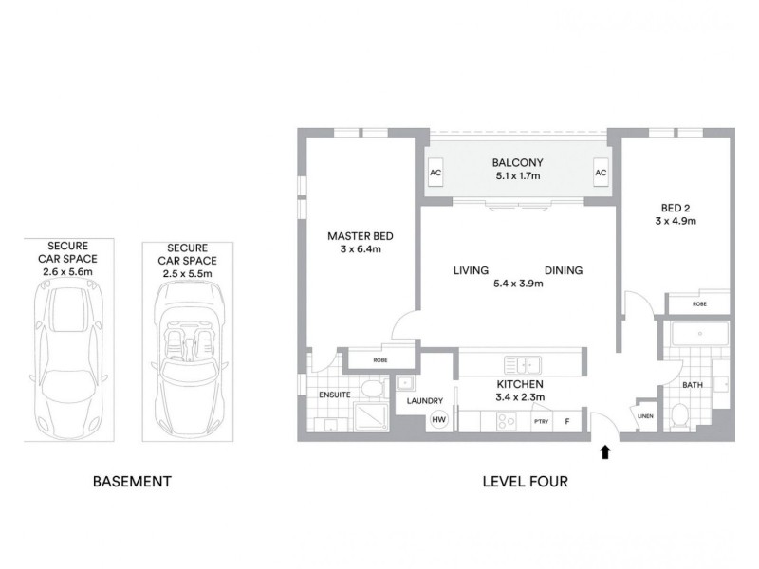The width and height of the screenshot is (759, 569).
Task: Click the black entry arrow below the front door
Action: (605, 454)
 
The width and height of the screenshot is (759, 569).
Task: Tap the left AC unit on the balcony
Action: (435, 174)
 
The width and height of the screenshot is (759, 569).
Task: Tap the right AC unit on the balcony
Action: (600, 174)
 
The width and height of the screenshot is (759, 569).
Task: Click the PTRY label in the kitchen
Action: (542, 420)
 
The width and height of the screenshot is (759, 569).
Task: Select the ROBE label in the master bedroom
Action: (379, 360)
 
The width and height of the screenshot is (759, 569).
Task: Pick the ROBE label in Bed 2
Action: (699, 304)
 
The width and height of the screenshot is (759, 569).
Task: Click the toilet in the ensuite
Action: (372, 389)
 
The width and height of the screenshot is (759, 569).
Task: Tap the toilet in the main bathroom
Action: (679, 414)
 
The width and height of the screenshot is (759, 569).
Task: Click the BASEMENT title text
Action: (132, 482)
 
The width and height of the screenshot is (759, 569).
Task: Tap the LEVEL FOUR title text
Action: (526, 482)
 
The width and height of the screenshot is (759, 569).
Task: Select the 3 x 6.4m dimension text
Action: (360, 249)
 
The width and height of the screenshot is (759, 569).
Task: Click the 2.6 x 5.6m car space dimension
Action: (67, 270)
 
